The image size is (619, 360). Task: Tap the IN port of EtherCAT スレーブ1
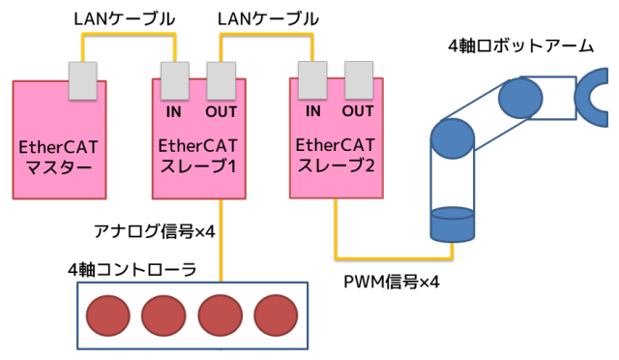(174, 80)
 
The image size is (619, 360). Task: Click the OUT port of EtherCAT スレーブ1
(221, 80)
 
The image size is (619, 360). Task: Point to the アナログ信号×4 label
(147, 230)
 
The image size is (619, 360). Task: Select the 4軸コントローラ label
(133, 267)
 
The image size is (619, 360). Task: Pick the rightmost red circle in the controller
(278, 315)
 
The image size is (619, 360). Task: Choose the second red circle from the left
(165, 315)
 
